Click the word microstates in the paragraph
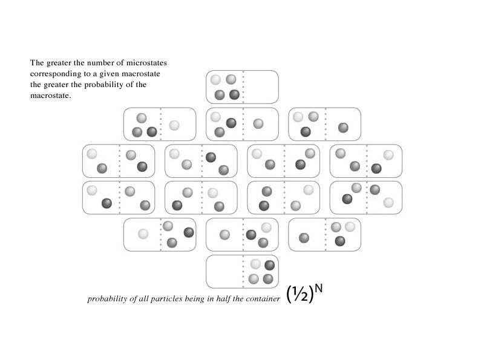[x=148, y=62]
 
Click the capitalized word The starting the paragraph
[x=37, y=62]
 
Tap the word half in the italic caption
[x=224, y=299]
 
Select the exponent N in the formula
[x=318, y=288]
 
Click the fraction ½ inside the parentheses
[x=299, y=294]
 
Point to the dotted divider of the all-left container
[x=243, y=87]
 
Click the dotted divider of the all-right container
[x=243, y=271]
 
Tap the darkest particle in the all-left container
[x=234, y=94]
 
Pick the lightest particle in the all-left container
[x=215, y=79]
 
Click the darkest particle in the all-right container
[x=269, y=264]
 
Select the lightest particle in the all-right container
[x=255, y=264]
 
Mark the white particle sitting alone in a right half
[x=174, y=125]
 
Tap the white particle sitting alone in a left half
[x=143, y=234]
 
